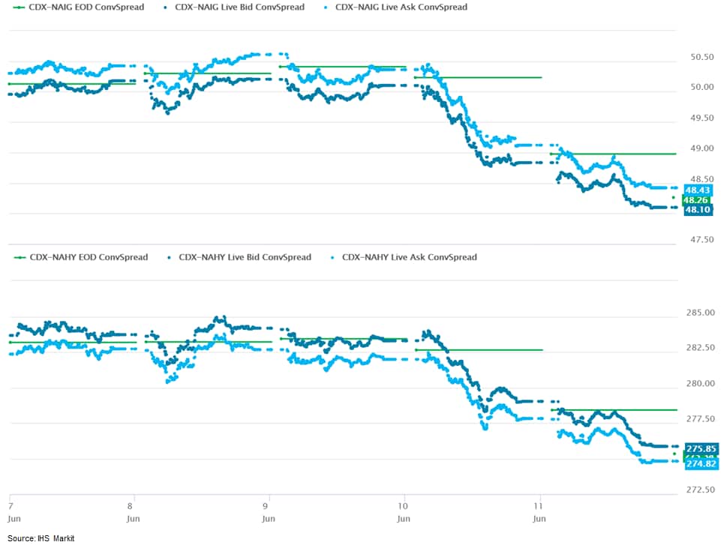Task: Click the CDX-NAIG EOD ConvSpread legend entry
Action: coord(81,7)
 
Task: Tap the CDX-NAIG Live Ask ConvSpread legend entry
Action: coord(401,7)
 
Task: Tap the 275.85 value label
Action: coord(701,448)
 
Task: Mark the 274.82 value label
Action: coord(701,465)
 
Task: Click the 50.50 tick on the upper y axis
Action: coord(701,58)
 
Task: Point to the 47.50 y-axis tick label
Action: coord(701,240)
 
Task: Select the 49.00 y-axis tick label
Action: coord(701,148)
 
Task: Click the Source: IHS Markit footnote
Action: coord(41,538)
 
